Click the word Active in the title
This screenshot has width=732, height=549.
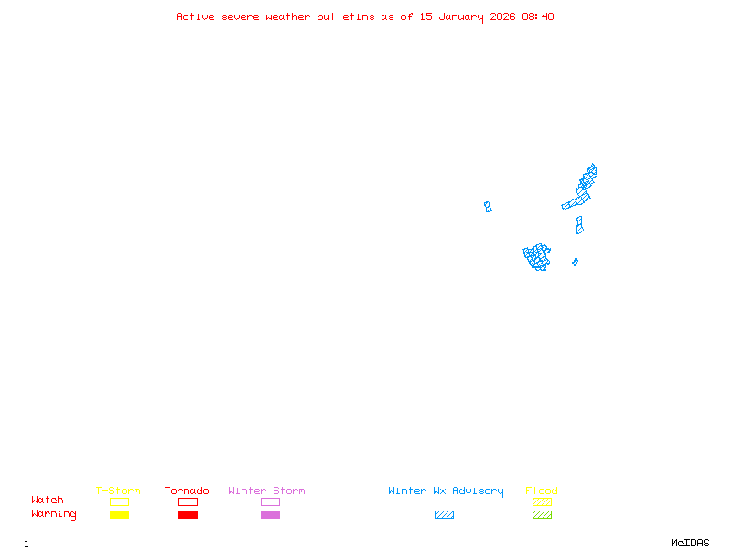(x=195, y=16)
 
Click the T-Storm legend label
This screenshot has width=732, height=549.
(x=118, y=491)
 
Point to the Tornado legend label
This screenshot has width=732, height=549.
(x=187, y=491)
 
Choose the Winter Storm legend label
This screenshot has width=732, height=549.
(x=266, y=491)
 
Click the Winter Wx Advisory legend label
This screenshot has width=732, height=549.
(x=446, y=491)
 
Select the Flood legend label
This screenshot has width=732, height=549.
(x=542, y=491)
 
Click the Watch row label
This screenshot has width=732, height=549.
(x=48, y=501)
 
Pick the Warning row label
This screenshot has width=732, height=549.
(x=54, y=514)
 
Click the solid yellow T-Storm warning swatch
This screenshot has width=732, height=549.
(x=119, y=514)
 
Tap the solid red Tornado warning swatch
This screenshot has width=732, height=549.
(x=188, y=514)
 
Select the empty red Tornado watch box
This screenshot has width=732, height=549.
(x=188, y=501)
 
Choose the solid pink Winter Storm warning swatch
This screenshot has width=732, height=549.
(x=270, y=514)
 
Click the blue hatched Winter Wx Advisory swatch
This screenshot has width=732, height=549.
(x=444, y=514)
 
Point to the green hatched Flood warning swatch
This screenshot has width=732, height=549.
(x=542, y=514)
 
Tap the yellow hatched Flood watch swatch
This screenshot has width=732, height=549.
(x=542, y=501)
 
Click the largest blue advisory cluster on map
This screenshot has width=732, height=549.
(x=537, y=256)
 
